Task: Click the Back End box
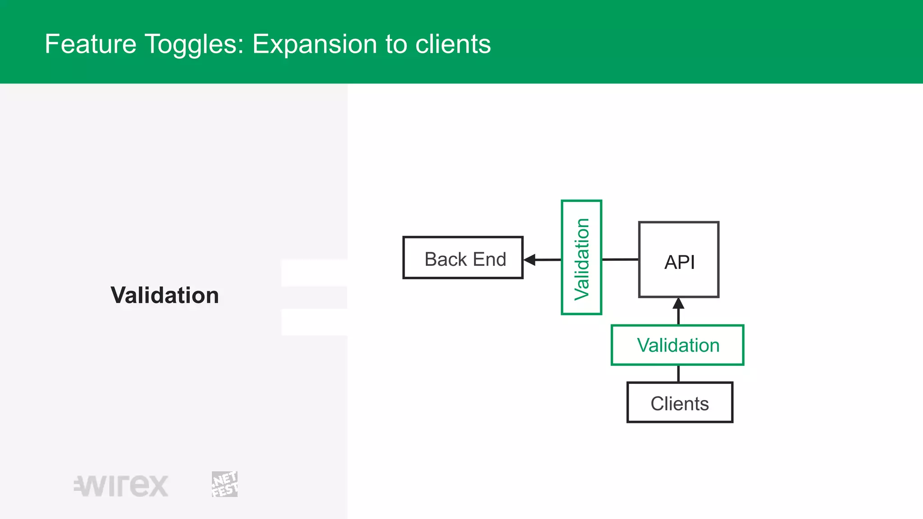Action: pos(463,258)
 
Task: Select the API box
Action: pos(679,260)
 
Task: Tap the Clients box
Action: pos(680,403)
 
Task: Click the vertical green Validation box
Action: pos(581,258)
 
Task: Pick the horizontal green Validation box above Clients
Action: pos(677,345)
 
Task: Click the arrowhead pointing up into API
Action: pos(678,304)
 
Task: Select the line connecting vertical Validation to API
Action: pos(620,259)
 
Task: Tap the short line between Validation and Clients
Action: pos(678,373)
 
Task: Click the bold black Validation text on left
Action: pos(164,295)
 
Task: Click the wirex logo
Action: pos(121,486)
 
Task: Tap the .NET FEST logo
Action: pos(224,484)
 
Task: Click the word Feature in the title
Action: pos(91,44)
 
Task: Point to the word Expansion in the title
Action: pos(315,44)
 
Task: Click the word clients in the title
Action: pos(453,44)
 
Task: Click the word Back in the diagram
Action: pos(445,259)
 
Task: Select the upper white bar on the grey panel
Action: pos(314,273)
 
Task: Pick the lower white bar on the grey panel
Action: pos(314,322)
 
